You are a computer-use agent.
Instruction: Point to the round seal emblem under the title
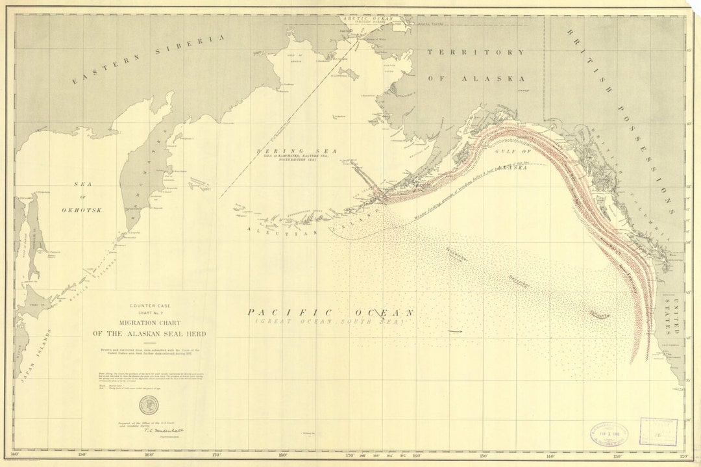pyautogui.click(x=147, y=406)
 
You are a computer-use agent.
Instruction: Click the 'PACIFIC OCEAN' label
pyautogui.click(x=330, y=312)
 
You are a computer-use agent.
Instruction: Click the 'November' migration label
pyautogui.click(x=457, y=255)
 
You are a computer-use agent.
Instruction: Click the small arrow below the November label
pyautogui.click(x=455, y=331)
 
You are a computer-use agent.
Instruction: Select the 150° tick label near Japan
pyautogui.click(x=82, y=455)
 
